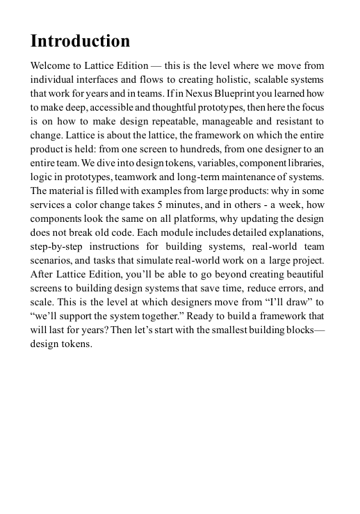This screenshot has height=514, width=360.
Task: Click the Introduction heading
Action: coord(80,42)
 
